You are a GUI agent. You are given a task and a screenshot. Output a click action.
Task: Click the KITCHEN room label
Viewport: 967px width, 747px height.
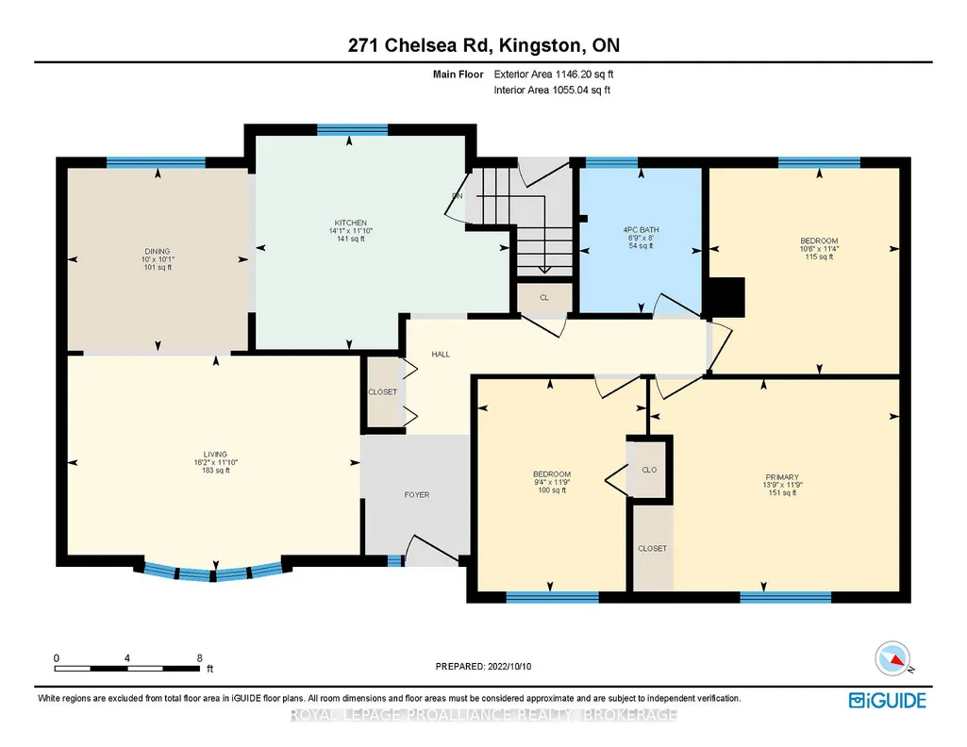click(x=350, y=223)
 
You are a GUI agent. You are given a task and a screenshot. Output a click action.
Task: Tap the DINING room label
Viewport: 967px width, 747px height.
click(x=158, y=252)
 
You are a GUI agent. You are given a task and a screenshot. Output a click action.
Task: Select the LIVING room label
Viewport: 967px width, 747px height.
click(x=215, y=455)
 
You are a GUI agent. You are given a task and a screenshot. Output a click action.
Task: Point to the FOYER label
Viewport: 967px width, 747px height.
click(x=417, y=495)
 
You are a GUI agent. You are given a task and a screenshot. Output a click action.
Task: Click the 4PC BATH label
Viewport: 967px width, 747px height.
click(x=641, y=230)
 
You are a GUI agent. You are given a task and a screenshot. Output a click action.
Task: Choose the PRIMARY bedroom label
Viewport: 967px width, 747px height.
click(x=782, y=477)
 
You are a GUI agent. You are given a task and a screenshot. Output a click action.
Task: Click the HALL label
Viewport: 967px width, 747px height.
click(x=441, y=355)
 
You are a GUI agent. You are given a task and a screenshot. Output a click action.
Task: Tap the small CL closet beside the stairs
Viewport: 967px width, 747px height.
click(x=544, y=298)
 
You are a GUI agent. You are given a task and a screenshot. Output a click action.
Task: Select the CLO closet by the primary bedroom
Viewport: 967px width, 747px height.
click(x=649, y=470)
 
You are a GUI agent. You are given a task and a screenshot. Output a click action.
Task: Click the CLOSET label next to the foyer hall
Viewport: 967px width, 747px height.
click(x=382, y=392)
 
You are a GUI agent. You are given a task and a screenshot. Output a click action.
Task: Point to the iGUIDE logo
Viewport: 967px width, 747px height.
click(x=887, y=701)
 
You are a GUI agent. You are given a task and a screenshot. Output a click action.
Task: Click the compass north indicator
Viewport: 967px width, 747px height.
click(x=892, y=659)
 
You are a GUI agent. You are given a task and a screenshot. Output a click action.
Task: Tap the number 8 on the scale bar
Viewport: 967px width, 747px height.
click(x=199, y=657)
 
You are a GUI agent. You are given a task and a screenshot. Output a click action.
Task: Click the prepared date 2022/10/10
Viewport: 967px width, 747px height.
click(x=509, y=666)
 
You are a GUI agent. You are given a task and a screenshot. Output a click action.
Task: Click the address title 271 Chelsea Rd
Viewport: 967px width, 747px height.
click(x=420, y=45)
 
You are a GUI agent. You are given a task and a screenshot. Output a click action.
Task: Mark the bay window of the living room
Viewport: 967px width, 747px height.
click(x=213, y=572)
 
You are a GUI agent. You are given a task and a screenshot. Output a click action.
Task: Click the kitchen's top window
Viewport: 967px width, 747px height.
click(x=352, y=129)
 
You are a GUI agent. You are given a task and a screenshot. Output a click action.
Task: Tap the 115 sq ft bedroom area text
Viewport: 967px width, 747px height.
click(x=819, y=257)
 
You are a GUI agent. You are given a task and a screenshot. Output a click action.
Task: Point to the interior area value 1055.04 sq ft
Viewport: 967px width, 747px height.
click(x=581, y=90)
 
